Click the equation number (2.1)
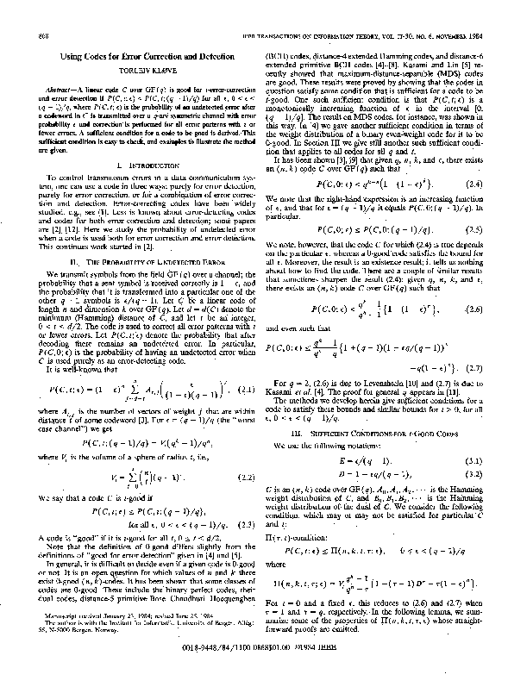point(244,390)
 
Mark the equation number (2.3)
point(244,522)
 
